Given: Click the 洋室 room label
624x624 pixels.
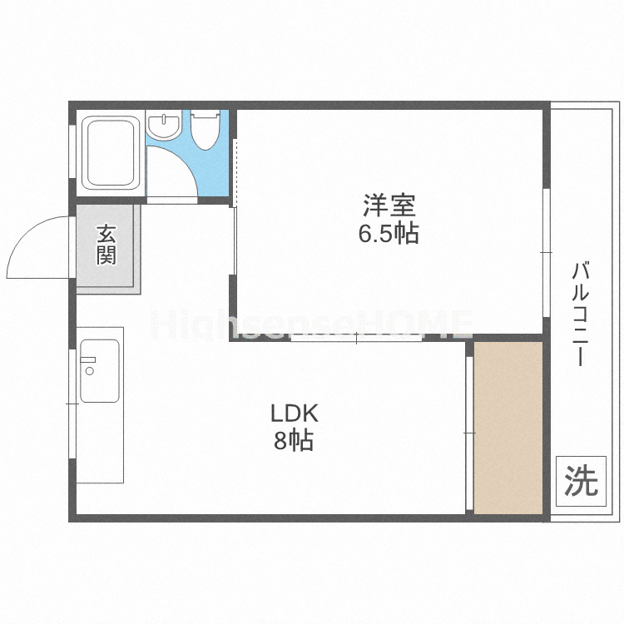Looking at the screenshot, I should [389, 204].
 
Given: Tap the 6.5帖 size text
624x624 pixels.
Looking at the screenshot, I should [389, 234].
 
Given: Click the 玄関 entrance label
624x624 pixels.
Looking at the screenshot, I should [106, 245].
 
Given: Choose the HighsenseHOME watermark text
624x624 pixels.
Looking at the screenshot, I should [311, 324].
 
